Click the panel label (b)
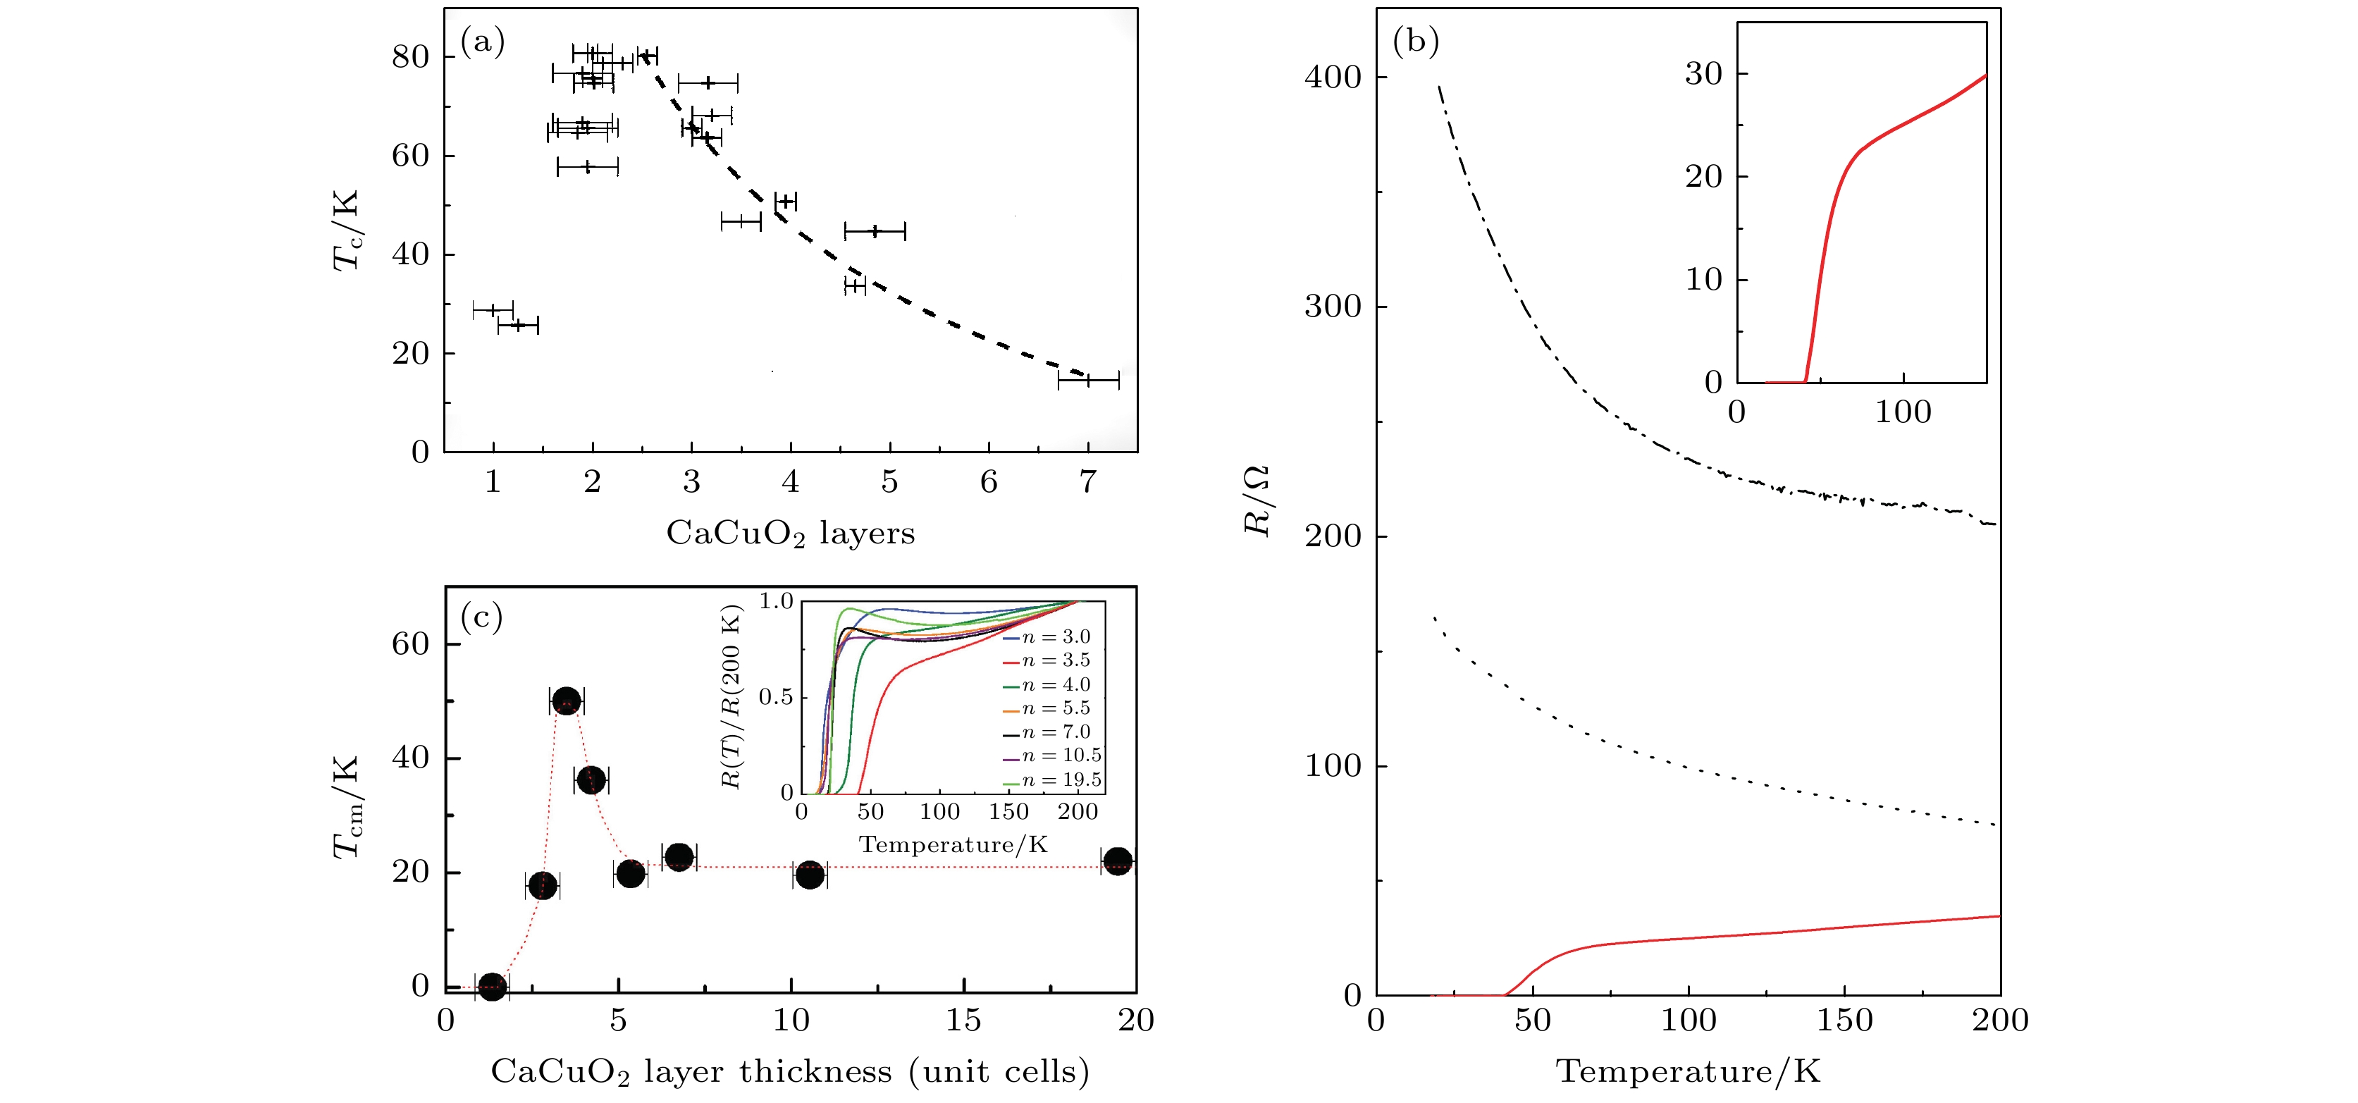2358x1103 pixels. click(1415, 41)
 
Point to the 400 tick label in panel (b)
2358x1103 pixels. click(1333, 77)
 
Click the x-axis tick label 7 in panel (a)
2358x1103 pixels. click(1087, 481)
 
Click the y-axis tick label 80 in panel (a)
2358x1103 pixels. click(410, 57)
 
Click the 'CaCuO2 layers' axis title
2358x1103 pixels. click(790, 533)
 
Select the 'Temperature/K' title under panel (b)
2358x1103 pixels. click(1688, 1070)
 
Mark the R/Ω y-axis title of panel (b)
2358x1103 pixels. click(1257, 500)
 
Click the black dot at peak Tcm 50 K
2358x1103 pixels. click(567, 701)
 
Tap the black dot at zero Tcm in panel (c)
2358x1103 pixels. click(493, 986)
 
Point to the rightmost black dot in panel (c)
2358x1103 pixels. click(1118, 861)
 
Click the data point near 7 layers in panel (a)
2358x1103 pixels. click(1087, 380)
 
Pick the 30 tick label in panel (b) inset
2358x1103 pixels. click(1703, 73)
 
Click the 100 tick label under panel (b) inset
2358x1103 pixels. click(1903, 412)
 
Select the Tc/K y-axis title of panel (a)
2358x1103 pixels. click(346, 230)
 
